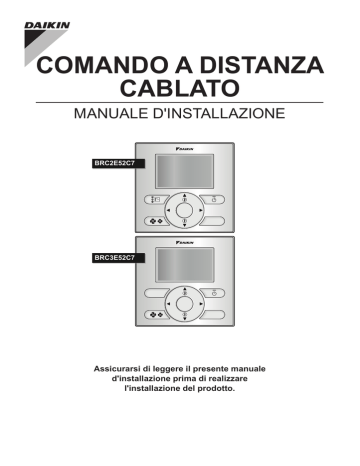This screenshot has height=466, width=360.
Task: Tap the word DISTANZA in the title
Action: coord(269,66)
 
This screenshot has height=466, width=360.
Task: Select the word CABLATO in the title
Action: coord(179,92)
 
